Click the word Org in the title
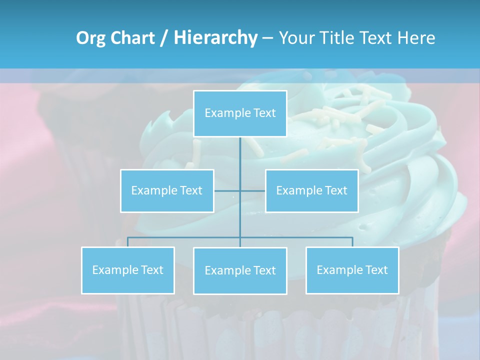click(91, 38)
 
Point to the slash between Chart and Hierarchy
click(164, 38)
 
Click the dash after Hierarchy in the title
click(267, 38)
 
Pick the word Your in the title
click(296, 38)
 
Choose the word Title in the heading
click(338, 38)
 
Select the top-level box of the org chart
click(240, 113)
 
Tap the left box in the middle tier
click(167, 190)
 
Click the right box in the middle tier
click(311, 190)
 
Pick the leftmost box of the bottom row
click(128, 270)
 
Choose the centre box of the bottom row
click(240, 270)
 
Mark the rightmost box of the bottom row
click(352, 270)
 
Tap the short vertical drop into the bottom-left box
click(128, 242)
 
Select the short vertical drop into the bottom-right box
click(352, 242)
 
